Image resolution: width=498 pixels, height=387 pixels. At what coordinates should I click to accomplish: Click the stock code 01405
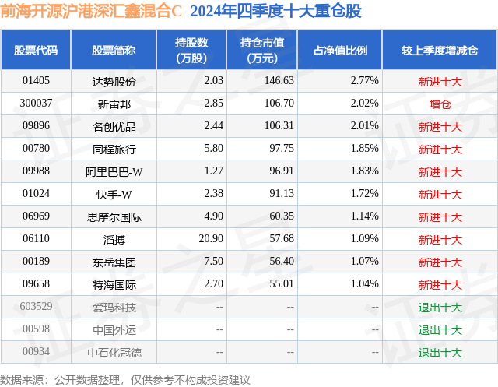click(x=36, y=80)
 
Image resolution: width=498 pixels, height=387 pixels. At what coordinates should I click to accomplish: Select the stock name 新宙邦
click(x=114, y=104)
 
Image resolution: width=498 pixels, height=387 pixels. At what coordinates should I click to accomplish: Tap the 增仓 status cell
click(x=440, y=104)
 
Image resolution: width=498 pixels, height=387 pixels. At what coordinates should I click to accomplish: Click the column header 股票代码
click(x=36, y=50)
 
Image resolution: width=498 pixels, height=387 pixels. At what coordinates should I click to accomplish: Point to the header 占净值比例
click(x=340, y=50)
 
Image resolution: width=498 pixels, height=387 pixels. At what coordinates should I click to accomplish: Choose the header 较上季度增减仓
click(x=440, y=50)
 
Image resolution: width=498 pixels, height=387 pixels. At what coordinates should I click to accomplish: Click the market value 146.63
click(x=279, y=80)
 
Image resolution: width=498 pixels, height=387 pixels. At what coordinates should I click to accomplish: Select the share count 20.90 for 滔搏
click(x=211, y=238)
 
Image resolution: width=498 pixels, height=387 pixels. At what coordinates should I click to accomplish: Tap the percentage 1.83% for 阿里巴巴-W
click(x=365, y=171)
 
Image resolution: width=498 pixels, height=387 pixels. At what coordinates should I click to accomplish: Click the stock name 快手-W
click(x=114, y=194)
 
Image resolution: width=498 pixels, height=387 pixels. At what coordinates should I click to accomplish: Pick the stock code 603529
click(x=36, y=306)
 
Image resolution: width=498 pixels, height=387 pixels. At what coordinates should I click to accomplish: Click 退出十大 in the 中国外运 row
click(x=440, y=330)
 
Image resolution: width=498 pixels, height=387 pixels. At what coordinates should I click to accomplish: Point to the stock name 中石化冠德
click(x=114, y=353)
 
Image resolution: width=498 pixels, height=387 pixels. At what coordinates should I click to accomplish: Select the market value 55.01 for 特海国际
click(x=282, y=283)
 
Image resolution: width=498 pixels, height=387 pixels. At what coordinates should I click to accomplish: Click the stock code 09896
click(x=36, y=125)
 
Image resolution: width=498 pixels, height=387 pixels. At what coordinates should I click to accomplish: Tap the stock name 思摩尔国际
click(x=114, y=217)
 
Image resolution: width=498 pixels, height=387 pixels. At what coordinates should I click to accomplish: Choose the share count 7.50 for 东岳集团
click(x=213, y=261)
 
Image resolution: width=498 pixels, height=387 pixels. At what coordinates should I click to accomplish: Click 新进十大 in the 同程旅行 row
click(x=440, y=150)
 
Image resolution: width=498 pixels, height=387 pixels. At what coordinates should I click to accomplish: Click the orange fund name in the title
click(x=91, y=12)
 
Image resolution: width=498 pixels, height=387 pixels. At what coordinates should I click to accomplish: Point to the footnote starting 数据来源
click(x=124, y=380)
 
